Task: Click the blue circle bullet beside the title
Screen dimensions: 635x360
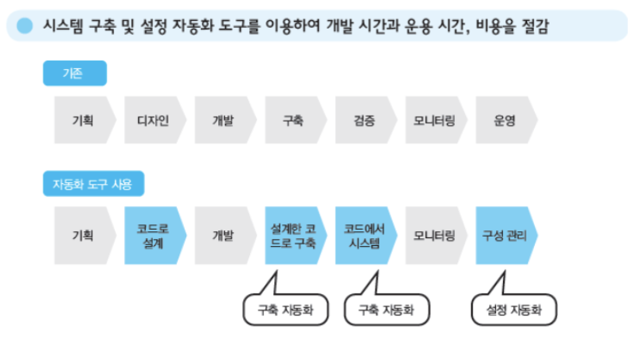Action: tap(25, 26)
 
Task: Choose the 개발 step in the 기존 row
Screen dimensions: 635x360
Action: tap(224, 121)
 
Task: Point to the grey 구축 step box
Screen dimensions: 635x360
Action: tap(293, 121)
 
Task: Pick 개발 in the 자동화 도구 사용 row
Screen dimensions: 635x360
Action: tap(224, 235)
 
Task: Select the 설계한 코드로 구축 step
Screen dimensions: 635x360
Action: tap(293, 235)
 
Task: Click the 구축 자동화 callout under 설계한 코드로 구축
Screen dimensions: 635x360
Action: tap(286, 310)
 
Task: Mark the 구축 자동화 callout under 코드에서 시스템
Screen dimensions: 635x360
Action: tap(387, 310)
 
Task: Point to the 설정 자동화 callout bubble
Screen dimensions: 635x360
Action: tap(515, 310)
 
